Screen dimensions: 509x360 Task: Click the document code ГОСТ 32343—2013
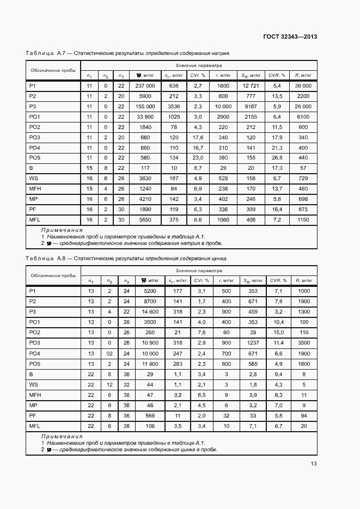(290, 37)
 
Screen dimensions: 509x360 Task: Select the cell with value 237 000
(145, 86)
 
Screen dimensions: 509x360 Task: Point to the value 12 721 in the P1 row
(250, 86)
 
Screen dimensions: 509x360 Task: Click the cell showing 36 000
(303, 86)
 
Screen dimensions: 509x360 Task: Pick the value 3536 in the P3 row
(174, 106)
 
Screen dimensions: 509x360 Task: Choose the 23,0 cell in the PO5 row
(198, 158)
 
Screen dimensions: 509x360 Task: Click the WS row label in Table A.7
(33, 179)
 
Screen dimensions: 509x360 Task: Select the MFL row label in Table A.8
(35, 426)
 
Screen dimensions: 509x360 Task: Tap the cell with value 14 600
(150, 311)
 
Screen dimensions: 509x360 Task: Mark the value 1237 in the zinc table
(250, 342)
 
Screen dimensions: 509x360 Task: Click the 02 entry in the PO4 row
(109, 353)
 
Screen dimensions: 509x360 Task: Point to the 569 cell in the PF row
(150, 415)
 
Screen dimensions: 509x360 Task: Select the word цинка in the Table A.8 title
(218, 259)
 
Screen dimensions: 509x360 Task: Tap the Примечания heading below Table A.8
(62, 437)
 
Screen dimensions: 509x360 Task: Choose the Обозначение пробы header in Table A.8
(53, 275)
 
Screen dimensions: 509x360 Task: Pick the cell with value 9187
(250, 106)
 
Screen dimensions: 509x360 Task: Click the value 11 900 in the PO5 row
(150, 363)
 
